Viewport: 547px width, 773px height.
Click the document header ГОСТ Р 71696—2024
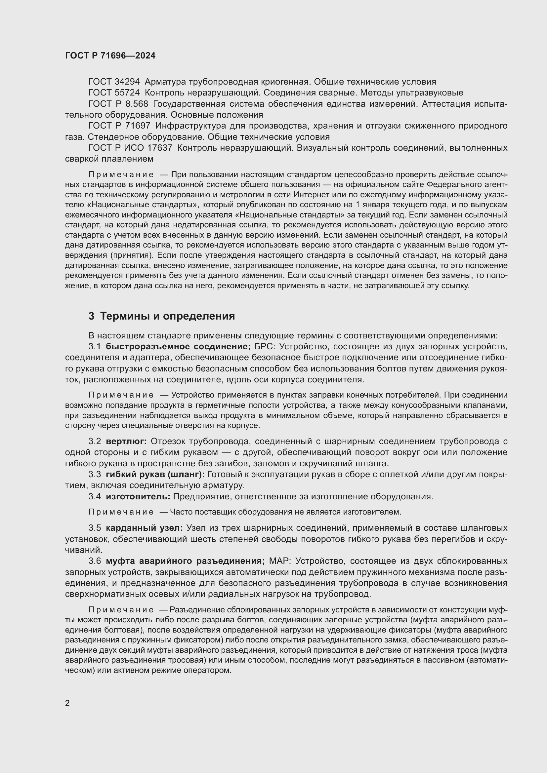(110, 56)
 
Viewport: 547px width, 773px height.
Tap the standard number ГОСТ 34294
(114, 82)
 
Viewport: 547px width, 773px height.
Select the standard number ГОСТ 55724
(114, 93)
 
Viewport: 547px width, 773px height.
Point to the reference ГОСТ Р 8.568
(118, 104)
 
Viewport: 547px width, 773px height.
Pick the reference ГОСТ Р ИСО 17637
(130, 148)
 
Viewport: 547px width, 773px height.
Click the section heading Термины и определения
(167, 316)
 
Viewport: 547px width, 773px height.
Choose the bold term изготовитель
(138, 497)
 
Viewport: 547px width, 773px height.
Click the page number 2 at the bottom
(67, 703)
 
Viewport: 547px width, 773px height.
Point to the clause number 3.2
(95, 442)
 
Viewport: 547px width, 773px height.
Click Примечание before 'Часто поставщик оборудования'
(121, 512)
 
